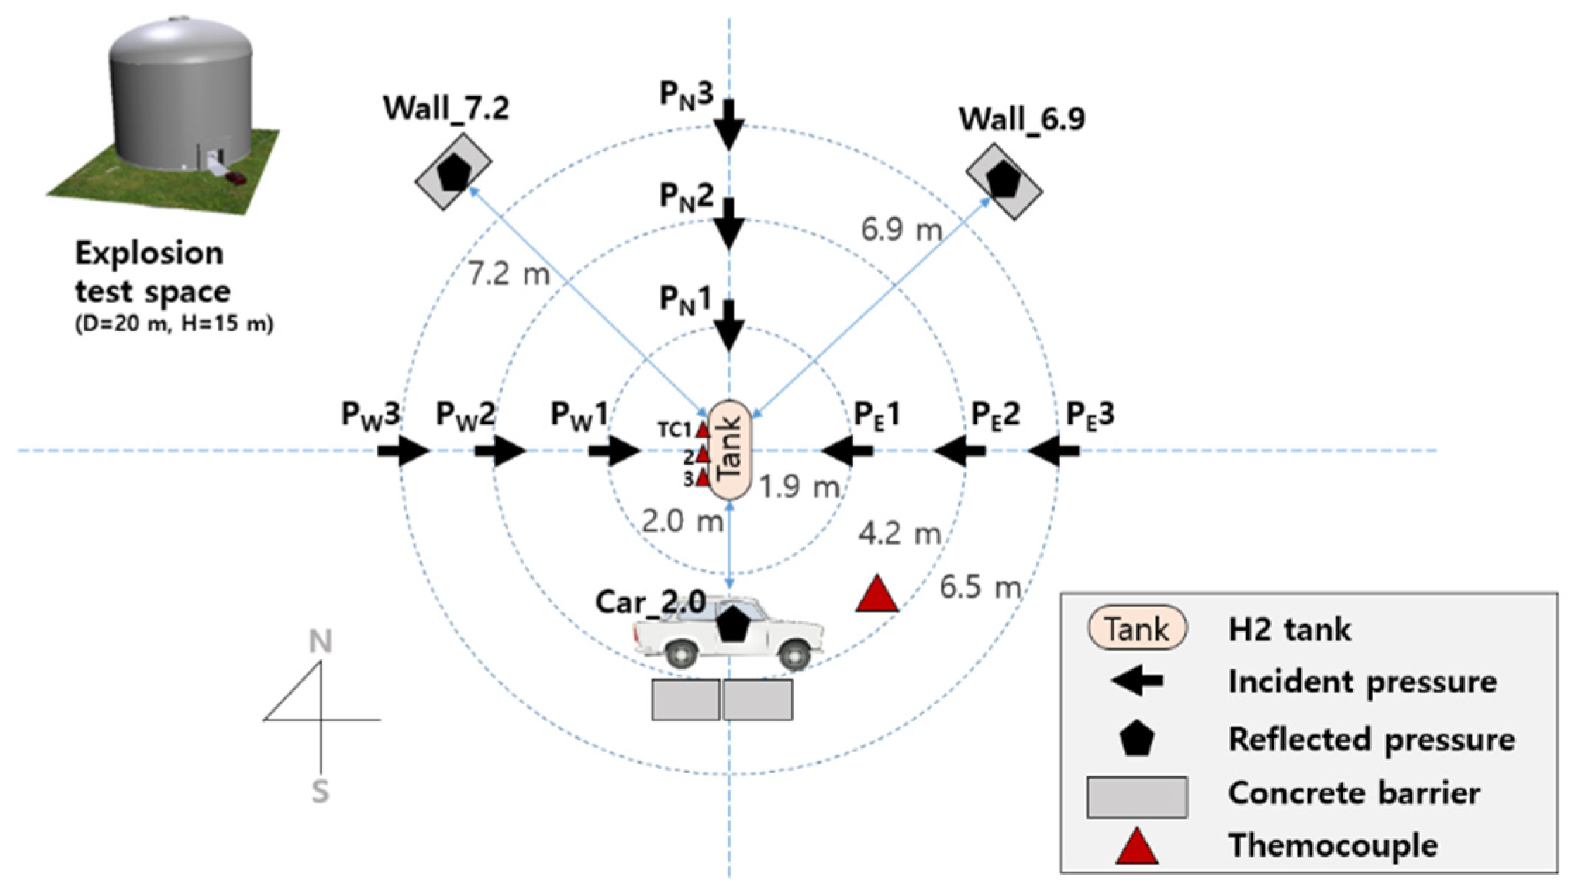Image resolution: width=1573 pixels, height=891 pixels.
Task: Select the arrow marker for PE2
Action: (959, 450)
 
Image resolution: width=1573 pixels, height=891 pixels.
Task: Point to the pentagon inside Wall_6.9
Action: (1003, 181)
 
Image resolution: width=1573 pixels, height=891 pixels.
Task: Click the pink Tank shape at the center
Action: (730, 450)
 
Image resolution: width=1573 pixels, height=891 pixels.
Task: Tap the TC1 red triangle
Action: (702, 429)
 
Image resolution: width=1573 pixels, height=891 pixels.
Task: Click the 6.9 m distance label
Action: (901, 229)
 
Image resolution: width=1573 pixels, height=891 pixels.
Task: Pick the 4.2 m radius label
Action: (899, 534)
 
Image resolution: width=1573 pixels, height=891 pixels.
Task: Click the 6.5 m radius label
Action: (979, 586)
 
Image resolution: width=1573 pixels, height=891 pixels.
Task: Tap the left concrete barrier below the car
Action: (685, 699)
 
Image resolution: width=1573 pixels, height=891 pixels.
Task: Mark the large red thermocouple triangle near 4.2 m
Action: (877, 595)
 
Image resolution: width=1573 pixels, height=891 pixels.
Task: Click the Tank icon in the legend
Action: (1136, 628)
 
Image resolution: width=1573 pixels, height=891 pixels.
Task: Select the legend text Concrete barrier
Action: (1353, 793)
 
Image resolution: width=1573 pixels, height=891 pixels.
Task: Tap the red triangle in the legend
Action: (1136, 847)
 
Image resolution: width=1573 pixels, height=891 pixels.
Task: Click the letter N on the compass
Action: (320, 642)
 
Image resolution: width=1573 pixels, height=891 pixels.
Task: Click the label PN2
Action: (686, 196)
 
